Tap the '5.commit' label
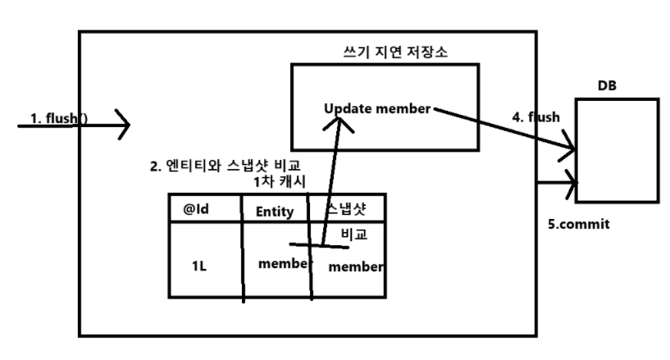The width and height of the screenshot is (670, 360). (580, 224)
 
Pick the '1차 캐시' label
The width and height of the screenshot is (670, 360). (281, 182)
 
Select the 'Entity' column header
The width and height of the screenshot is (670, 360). (275, 212)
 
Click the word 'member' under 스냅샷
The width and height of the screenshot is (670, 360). (354, 267)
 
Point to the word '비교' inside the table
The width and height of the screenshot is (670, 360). (353, 234)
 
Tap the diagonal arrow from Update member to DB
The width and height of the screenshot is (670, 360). (500, 130)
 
